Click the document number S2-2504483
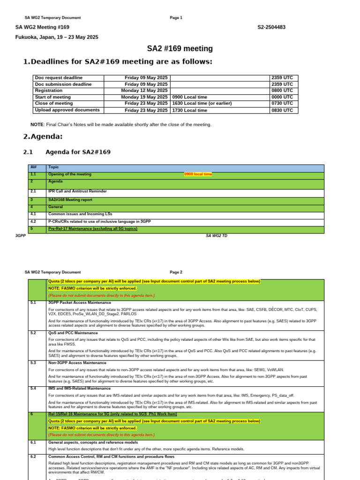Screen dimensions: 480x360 tap(271, 27)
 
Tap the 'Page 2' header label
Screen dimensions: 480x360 tap(176, 272)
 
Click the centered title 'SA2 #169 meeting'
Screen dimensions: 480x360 tap(180, 49)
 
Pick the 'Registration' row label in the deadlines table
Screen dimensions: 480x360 tap(49, 90)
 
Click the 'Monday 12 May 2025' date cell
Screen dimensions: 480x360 tap(144, 90)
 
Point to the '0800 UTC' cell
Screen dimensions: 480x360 tap(282, 90)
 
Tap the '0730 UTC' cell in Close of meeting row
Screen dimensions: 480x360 tap(282, 103)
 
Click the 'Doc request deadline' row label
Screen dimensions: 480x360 tap(59, 78)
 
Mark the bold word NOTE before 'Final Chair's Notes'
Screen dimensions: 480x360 tap(37, 125)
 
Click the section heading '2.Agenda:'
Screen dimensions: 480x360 tap(43, 136)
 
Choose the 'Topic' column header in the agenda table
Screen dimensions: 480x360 tap(53, 167)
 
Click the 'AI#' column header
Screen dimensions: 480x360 tap(33, 167)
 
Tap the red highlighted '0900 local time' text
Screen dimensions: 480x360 tap(198, 174)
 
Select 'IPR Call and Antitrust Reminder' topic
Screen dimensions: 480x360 tap(77, 191)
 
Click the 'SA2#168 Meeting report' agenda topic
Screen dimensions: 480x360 tap(70, 199)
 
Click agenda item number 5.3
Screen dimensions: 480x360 tap(33, 362)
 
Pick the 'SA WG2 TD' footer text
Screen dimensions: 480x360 tap(217, 235)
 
